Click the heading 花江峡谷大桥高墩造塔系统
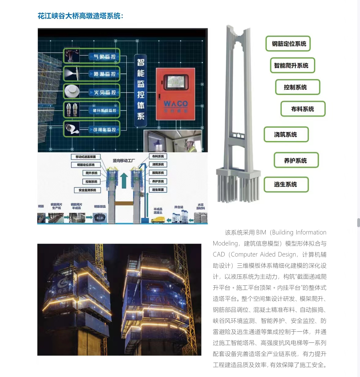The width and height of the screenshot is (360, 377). click(x=81, y=16)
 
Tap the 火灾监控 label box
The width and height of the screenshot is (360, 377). click(x=103, y=92)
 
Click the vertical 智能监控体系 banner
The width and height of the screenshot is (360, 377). click(x=141, y=89)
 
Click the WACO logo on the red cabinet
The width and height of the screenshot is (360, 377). click(x=175, y=104)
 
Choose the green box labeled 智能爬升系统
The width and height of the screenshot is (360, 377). click(x=292, y=66)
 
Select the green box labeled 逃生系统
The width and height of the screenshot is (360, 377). click(x=286, y=185)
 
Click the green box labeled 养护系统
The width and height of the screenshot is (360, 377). click(x=296, y=160)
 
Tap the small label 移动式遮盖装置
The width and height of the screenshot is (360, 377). click(x=86, y=157)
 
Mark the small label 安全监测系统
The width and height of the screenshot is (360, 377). click(x=87, y=190)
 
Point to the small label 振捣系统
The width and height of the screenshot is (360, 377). click(x=158, y=173)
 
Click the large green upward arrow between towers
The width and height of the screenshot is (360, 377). click(x=124, y=180)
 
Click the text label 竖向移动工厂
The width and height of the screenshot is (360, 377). click(x=123, y=161)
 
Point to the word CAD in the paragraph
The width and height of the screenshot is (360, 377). click(x=219, y=254)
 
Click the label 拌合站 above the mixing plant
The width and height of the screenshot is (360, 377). click(x=178, y=207)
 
